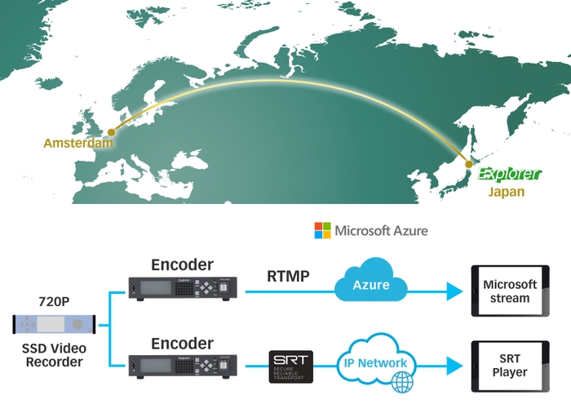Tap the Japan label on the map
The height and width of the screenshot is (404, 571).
point(506,193)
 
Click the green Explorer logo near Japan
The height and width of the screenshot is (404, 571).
point(508,174)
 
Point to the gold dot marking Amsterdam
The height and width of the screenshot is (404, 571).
point(111,131)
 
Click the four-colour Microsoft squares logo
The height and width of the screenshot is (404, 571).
point(323,231)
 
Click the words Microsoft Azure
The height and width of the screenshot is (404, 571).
point(381,231)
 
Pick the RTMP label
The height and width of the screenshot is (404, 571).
point(288,277)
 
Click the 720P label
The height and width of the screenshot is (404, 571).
point(55,302)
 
